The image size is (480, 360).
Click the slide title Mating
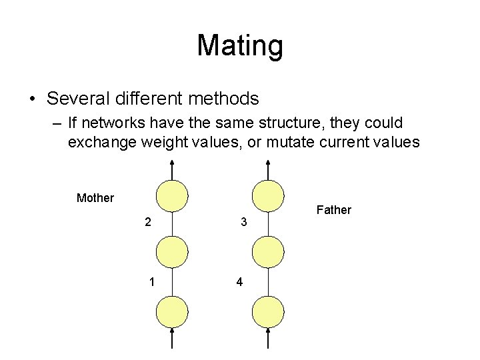(240, 46)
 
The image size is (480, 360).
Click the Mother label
(96, 197)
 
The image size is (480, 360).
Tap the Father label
(333, 210)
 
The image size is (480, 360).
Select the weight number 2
(147, 222)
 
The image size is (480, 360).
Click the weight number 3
(244, 222)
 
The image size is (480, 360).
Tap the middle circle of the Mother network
(172, 253)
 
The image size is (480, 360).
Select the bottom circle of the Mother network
(172, 312)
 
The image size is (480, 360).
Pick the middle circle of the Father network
(268, 253)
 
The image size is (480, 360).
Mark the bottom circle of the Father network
(268, 312)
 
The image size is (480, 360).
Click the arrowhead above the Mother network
(172, 163)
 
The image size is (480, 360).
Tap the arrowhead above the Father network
(268, 163)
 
